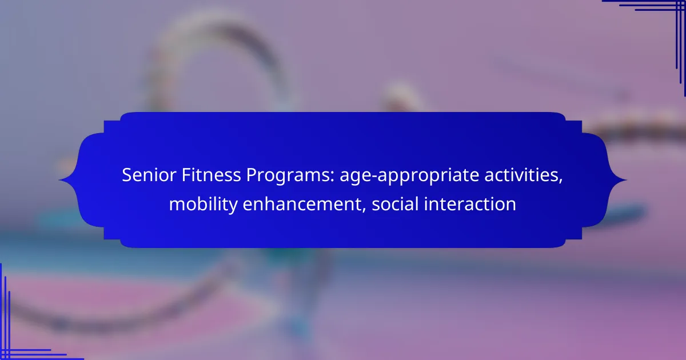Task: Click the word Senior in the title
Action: tap(149, 175)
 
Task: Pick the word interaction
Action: tap(470, 204)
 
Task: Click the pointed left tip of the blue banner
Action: tap(59, 180)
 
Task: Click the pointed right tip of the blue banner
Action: tap(627, 180)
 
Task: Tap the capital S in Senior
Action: tap(127, 175)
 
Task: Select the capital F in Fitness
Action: tap(186, 175)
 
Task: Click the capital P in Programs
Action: tap(252, 175)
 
